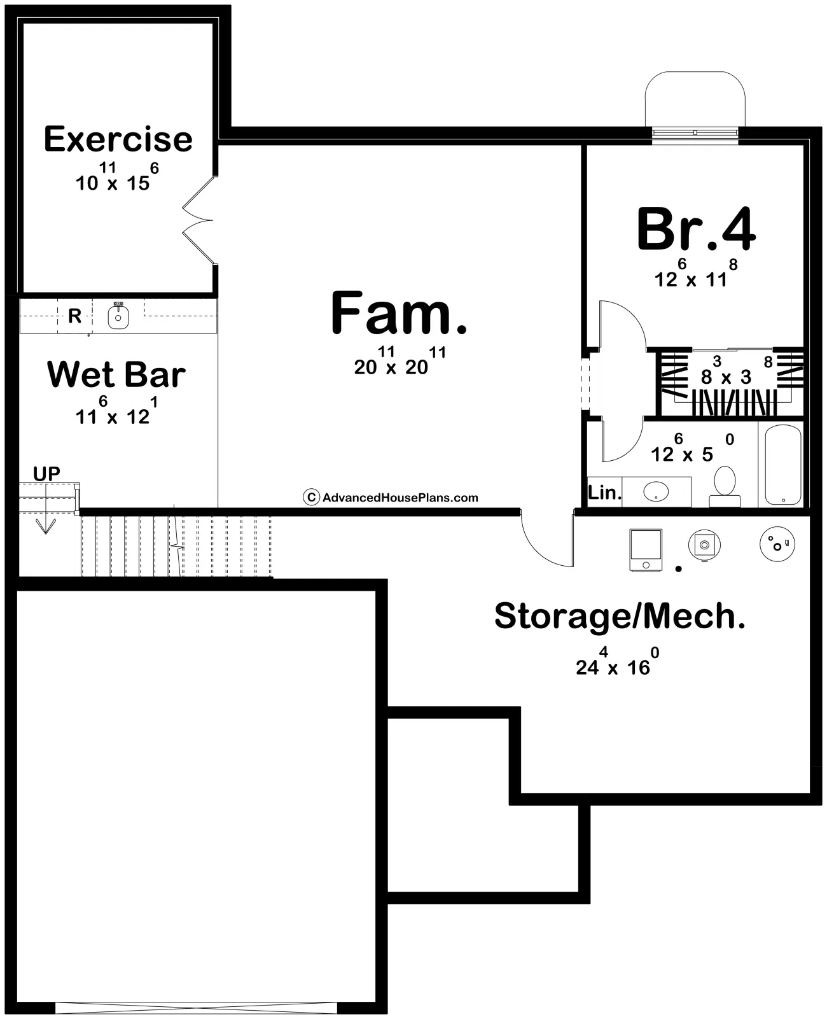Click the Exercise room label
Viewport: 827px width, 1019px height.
tap(118, 139)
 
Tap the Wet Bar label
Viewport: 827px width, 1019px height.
tap(116, 374)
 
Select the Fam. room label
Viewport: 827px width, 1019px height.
tap(399, 313)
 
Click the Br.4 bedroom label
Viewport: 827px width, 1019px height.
tap(696, 228)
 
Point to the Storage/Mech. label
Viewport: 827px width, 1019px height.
tap(620, 615)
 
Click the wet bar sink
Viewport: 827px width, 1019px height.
tap(118, 317)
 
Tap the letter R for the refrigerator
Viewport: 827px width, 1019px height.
tap(74, 316)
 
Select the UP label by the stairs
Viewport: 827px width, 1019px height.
tap(46, 474)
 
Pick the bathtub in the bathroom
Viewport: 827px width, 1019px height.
tap(782, 465)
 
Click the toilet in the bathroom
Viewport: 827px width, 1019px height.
tap(725, 486)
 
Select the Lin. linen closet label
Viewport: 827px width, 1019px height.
tap(604, 492)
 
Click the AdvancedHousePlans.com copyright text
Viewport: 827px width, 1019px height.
tap(391, 498)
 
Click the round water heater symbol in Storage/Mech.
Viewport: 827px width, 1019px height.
tap(777, 544)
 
